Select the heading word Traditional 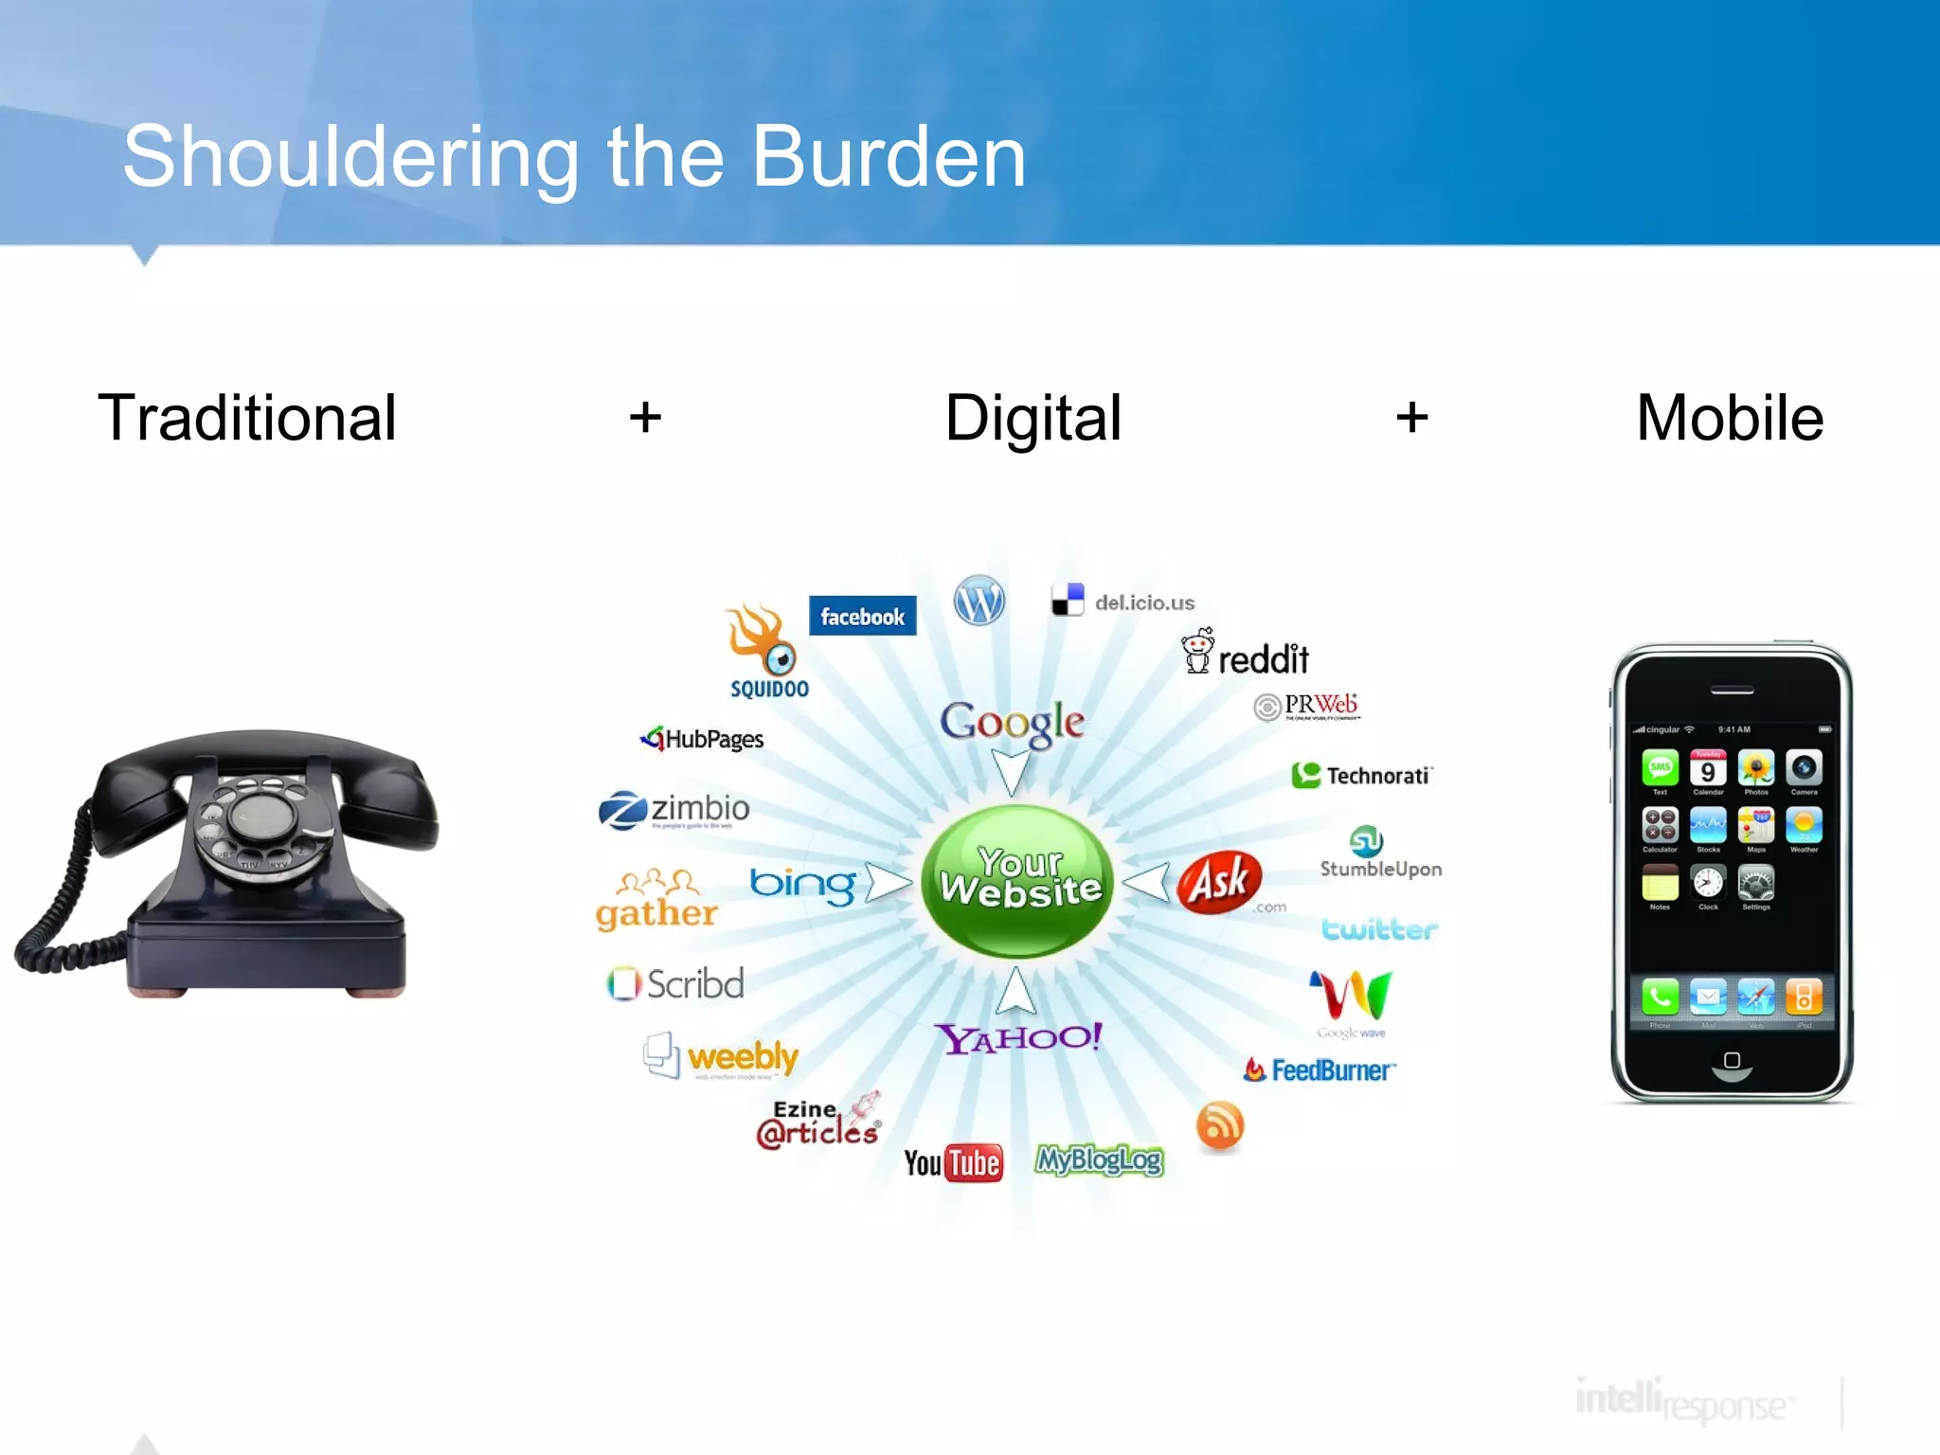coord(247,418)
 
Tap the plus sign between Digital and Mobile coord(1411,417)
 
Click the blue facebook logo coord(862,616)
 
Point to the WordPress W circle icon coord(979,601)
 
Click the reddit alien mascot coord(1197,651)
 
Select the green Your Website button coord(1018,880)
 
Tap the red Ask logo coord(1220,881)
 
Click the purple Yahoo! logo coord(1019,1038)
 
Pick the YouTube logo coord(953,1162)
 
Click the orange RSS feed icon coord(1220,1125)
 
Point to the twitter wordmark coord(1379,929)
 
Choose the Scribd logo coord(676,983)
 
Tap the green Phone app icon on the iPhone coord(1660,997)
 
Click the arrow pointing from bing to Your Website coord(887,883)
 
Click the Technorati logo coord(1362,776)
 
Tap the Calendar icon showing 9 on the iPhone coord(1708,769)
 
